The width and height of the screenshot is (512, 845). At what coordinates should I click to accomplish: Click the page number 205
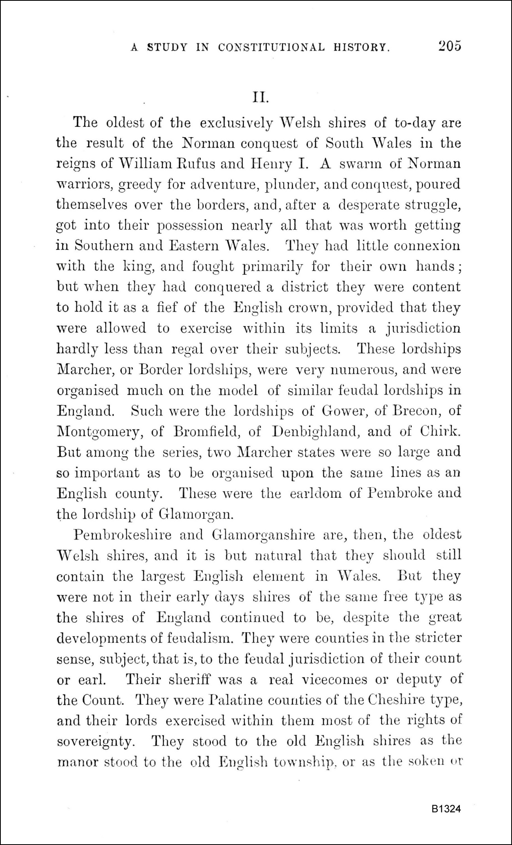point(450,46)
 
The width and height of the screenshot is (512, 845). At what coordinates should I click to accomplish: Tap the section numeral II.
point(261,98)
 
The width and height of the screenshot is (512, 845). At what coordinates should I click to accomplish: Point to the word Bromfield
point(206,431)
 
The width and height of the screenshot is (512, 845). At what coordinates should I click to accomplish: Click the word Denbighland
point(316,432)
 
